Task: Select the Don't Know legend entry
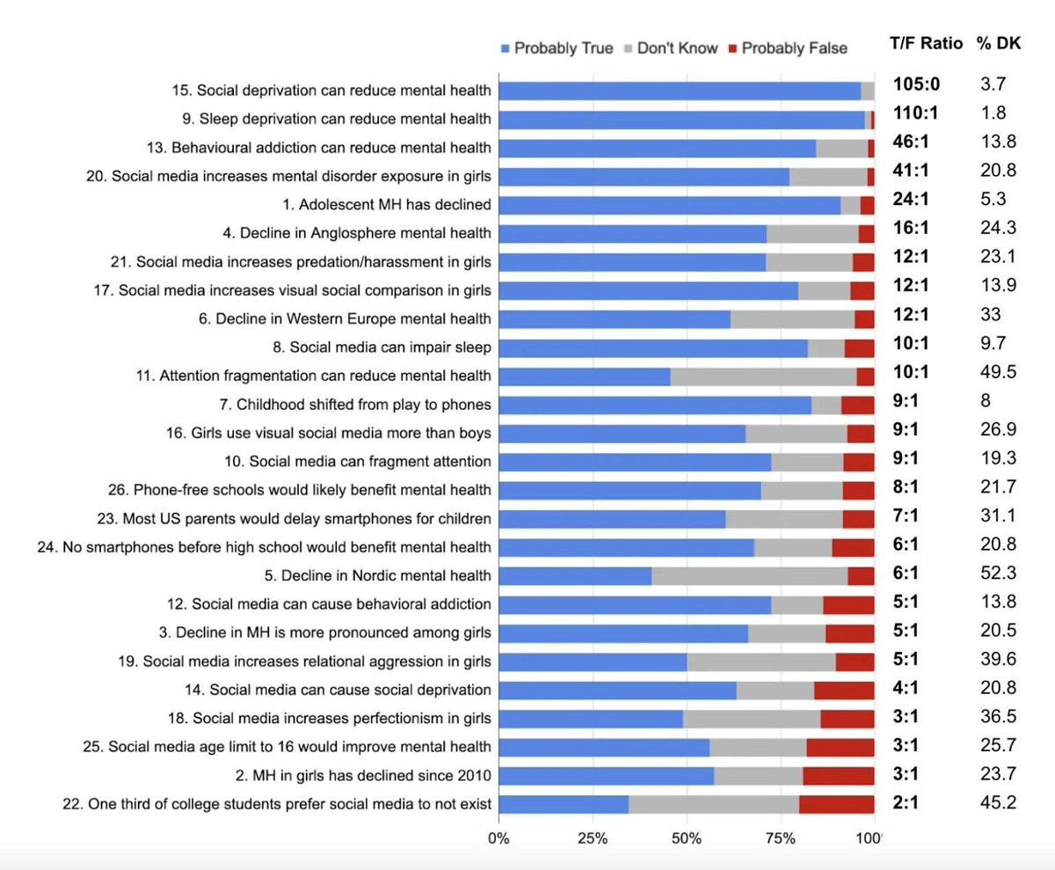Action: (670, 48)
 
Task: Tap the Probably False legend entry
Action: (787, 48)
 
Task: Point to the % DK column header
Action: (999, 43)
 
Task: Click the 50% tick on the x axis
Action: (687, 837)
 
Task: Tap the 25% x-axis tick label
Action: (593, 837)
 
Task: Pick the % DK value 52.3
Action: (998, 574)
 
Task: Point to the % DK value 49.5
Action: (998, 372)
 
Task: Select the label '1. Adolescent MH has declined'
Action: (395, 204)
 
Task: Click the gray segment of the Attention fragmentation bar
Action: (763, 376)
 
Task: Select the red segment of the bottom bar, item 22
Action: (836, 804)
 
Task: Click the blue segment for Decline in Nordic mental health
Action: (575, 576)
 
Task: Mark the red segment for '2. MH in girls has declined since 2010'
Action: (838, 776)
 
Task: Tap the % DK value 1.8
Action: (993, 113)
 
